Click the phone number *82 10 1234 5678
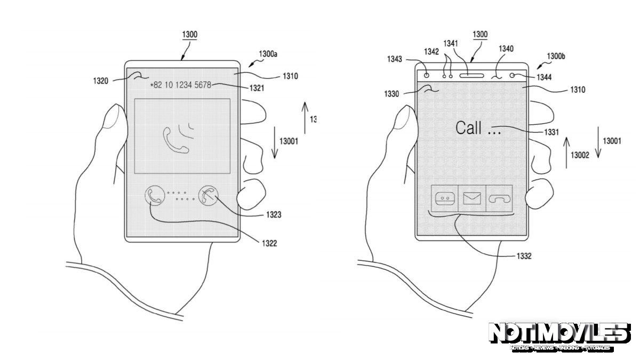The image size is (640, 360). [x=180, y=85]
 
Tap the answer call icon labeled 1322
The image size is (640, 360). [x=154, y=196]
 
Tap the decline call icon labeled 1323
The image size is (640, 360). [x=208, y=196]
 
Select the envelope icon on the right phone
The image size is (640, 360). [x=472, y=198]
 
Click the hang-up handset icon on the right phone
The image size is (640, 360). [x=499, y=198]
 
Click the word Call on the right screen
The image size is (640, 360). [x=469, y=128]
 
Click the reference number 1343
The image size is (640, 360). [x=395, y=59]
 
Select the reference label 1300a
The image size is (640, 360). [x=268, y=54]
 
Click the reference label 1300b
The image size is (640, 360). [x=556, y=56]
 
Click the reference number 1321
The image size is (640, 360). [x=257, y=88]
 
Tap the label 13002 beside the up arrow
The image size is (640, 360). [x=580, y=155]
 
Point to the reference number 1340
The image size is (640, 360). [x=506, y=49]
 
